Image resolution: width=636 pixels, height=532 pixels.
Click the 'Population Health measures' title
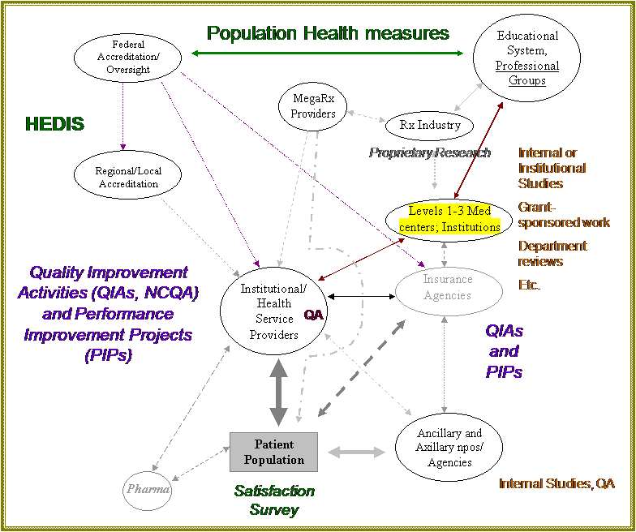point(328,33)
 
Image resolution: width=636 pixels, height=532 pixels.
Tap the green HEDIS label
point(54,124)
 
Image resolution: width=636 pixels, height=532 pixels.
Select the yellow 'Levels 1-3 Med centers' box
point(449,219)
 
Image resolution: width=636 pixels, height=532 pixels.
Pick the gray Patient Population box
point(273,452)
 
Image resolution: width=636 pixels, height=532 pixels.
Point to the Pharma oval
point(148,489)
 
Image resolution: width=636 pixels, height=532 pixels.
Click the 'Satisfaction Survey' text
point(274,500)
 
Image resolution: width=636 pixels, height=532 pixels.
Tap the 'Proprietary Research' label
point(430,152)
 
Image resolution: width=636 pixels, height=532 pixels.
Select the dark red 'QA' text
point(314,315)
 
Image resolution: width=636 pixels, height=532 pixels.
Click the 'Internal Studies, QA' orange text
point(556,483)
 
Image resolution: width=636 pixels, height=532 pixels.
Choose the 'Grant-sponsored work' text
point(564,214)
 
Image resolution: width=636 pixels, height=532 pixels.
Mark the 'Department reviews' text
point(552,253)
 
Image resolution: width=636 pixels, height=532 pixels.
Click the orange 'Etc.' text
point(530,285)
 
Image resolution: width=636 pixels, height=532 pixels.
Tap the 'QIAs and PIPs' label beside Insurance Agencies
point(504,351)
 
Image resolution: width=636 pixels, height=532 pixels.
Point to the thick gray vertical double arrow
point(278,392)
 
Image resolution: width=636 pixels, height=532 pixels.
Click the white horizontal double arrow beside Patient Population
point(356,452)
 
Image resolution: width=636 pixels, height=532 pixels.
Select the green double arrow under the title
point(327,54)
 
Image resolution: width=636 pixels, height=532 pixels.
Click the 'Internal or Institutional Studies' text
point(552,168)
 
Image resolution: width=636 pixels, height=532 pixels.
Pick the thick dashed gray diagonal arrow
point(360,368)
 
